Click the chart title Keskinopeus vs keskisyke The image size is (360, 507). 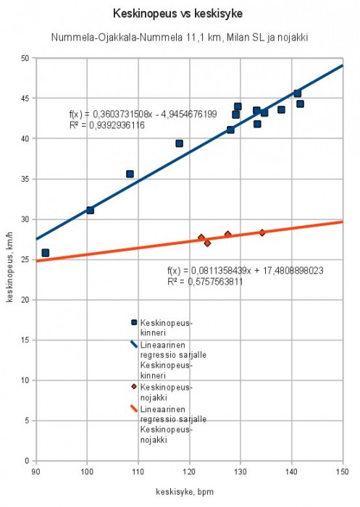coord(179,14)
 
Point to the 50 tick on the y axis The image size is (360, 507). coord(26,58)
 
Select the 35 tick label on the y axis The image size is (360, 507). coord(26,179)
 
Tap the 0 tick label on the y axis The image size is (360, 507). coord(28,461)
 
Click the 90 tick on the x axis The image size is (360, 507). coord(35,471)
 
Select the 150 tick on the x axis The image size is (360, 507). coord(342,471)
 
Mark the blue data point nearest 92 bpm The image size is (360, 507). coord(46,253)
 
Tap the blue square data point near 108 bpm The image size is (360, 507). coord(130,174)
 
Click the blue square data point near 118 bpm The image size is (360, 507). coord(179,143)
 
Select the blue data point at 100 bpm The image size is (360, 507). coord(90,210)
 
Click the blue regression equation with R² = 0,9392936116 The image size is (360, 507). coord(143,120)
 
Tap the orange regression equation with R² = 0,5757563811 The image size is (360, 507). coord(245,275)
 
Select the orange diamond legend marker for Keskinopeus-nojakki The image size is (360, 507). coord(133,387)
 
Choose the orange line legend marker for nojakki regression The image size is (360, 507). coord(133,408)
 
